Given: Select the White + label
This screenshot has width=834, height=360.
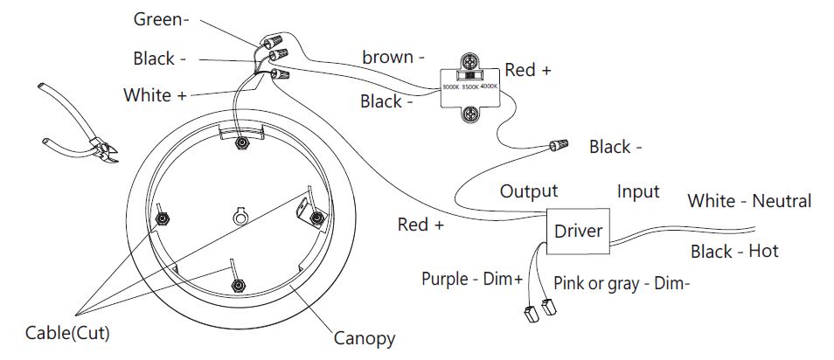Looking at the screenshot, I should tap(155, 94).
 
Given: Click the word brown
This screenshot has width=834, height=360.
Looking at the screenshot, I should tap(388, 58).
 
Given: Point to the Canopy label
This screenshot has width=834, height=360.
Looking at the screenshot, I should tap(365, 338).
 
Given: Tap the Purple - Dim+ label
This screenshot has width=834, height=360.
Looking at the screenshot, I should tap(472, 279).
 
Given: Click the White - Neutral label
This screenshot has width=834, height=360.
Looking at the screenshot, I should tap(749, 201).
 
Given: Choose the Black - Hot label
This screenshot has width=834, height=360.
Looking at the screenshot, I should tap(734, 252).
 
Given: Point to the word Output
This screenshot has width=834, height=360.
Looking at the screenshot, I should tap(528, 191).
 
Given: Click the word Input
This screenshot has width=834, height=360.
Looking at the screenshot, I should tap(638, 191).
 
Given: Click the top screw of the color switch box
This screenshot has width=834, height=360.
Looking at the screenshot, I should tap(470, 64).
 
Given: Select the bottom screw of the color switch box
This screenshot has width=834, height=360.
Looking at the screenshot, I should tap(470, 112).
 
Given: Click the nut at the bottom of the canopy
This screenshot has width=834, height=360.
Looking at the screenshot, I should tap(235, 285).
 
